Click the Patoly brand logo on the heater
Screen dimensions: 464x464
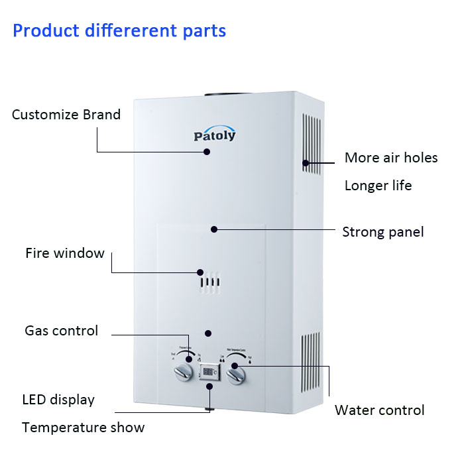coord(214,135)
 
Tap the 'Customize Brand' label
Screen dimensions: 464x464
coord(66,115)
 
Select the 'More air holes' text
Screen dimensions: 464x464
coord(391,158)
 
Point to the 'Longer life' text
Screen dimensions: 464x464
coord(378,186)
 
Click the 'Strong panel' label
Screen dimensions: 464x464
coord(383,232)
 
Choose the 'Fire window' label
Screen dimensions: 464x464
coord(65,253)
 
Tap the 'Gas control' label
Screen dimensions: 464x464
coord(61,330)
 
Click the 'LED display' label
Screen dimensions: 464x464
coord(58,400)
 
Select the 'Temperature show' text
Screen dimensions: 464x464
coord(83,428)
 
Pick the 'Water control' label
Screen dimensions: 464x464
coord(379,410)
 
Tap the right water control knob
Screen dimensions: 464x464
coord(237,376)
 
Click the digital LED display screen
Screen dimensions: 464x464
coord(209,373)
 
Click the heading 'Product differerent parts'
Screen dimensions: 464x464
coord(119,31)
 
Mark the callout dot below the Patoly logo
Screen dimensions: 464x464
coord(207,152)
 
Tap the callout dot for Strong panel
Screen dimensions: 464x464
coord(213,229)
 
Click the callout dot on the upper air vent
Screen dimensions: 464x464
coord(306,162)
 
